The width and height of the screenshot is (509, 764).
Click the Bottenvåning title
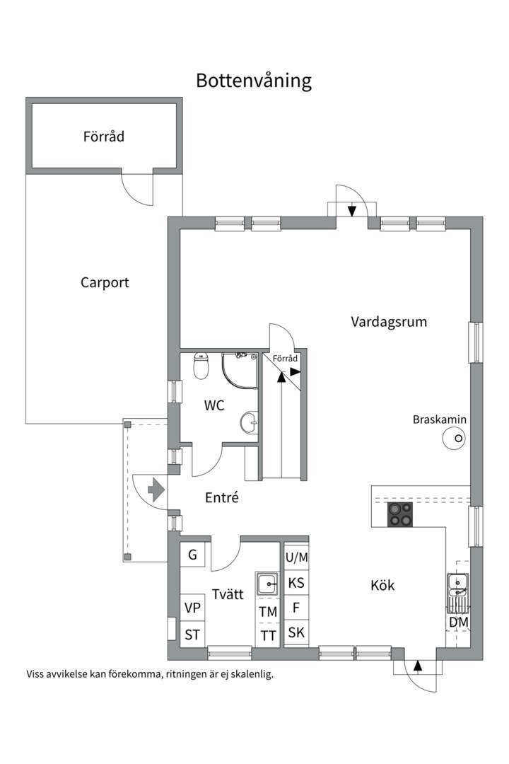tap(254, 81)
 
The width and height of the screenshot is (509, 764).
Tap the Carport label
tap(105, 282)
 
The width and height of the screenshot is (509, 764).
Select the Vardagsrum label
tap(389, 322)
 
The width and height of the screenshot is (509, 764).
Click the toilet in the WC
tap(201, 366)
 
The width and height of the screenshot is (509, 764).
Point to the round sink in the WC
tap(249, 422)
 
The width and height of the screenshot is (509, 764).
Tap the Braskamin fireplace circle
tap(454, 438)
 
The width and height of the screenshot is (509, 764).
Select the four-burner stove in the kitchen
tap(400, 514)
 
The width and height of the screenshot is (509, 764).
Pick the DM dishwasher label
tap(458, 623)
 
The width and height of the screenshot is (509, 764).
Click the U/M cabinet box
tap(297, 557)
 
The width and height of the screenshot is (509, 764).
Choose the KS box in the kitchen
tap(297, 582)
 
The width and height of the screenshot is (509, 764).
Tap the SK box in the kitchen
tap(297, 632)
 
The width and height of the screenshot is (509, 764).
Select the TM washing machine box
tap(268, 611)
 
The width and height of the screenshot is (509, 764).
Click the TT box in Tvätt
tap(268, 635)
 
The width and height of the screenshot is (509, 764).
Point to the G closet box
tap(192, 555)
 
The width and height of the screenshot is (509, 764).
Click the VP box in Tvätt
tap(192, 608)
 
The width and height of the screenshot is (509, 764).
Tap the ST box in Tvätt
tap(192, 635)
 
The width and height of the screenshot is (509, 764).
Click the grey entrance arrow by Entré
tap(156, 490)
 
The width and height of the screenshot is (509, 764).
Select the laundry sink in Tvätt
tap(267, 583)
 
